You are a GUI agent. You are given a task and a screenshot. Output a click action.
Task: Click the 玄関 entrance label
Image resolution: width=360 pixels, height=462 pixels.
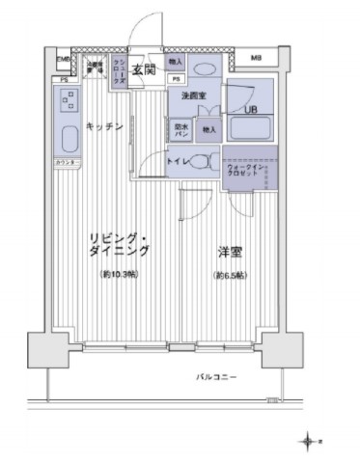145,69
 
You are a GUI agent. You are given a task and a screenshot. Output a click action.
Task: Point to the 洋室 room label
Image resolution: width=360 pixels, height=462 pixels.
230,251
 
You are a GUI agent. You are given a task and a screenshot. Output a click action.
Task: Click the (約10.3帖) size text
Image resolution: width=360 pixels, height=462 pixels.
119,276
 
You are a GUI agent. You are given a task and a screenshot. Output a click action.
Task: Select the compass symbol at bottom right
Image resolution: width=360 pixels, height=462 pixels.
309,441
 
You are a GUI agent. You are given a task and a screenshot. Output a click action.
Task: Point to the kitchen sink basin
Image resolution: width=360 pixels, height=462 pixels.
67,138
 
